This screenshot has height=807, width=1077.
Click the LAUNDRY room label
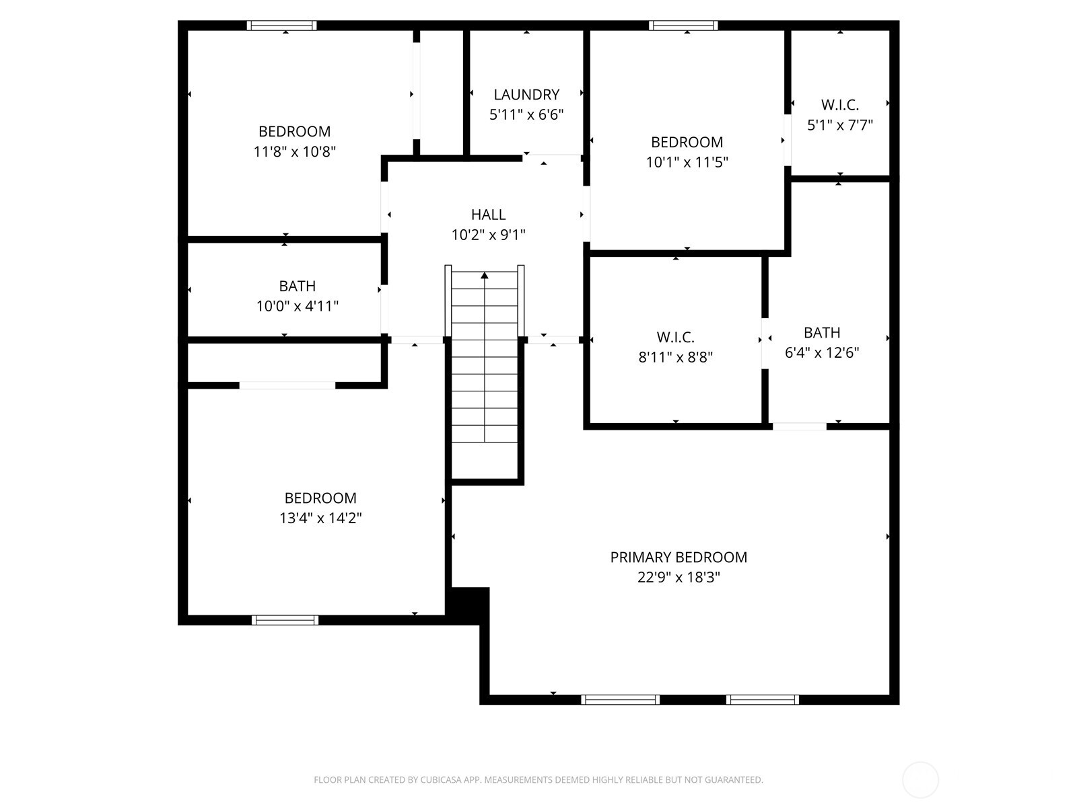526,95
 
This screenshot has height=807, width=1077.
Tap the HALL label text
488,215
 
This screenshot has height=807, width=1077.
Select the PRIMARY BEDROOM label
679,558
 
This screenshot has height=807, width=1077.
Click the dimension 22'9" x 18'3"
679,578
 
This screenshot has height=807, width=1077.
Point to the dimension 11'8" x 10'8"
294,152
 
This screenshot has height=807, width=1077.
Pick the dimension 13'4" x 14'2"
320,518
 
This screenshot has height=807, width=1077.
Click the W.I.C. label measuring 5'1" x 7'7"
839,105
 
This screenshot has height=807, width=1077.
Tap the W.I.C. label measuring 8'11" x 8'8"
675,338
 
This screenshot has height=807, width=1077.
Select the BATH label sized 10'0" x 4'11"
297,286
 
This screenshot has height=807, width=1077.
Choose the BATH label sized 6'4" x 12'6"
821,333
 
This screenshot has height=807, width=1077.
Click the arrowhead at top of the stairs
485,275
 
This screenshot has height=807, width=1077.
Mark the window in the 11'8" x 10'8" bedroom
281,26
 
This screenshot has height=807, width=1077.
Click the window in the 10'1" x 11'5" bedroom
683,26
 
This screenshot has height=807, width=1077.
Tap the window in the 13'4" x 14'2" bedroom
285,620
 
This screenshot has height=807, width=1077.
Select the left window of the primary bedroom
620,700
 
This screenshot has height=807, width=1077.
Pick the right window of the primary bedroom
763,700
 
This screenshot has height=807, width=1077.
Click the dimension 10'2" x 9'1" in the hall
488,235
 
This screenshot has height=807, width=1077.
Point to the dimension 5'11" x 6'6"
526,115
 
